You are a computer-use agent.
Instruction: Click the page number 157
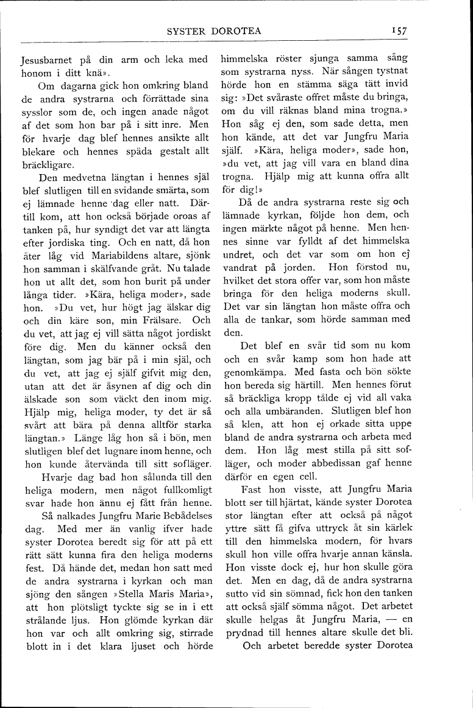[x=400, y=32]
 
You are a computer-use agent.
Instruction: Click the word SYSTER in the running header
[x=186, y=32]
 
